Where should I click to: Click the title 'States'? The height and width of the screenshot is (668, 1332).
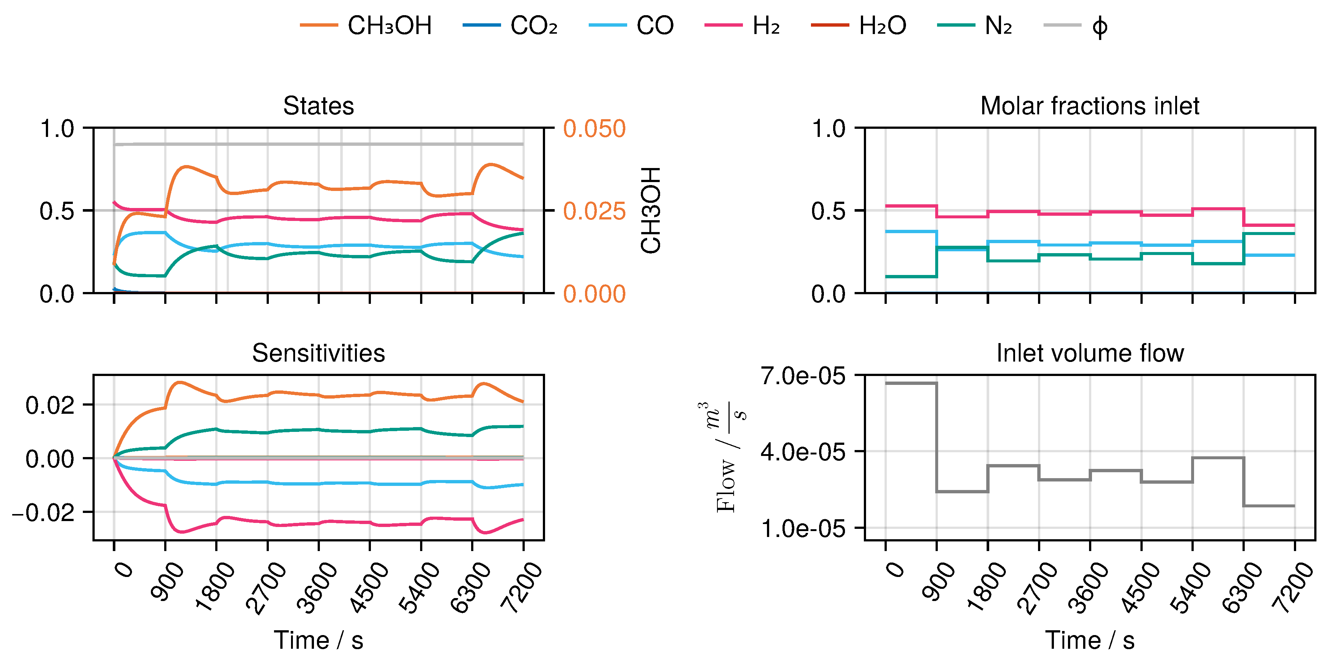(318, 106)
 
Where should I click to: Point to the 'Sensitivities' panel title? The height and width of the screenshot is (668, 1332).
(318, 353)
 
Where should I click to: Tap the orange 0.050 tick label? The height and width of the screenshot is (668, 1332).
(594, 129)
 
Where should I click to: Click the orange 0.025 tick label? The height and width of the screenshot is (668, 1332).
(594, 211)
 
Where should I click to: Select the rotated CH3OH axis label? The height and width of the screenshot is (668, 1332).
(651, 210)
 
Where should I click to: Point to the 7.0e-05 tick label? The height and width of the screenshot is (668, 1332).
(802, 376)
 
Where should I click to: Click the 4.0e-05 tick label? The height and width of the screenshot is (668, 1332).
(802, 452)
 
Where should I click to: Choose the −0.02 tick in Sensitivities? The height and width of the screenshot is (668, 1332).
(43, 513)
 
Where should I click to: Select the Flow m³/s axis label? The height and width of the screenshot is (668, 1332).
(730, 457)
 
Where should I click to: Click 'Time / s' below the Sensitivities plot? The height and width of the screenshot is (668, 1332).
(318, 641)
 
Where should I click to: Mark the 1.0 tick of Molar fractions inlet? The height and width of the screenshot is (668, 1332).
(828, 129)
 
